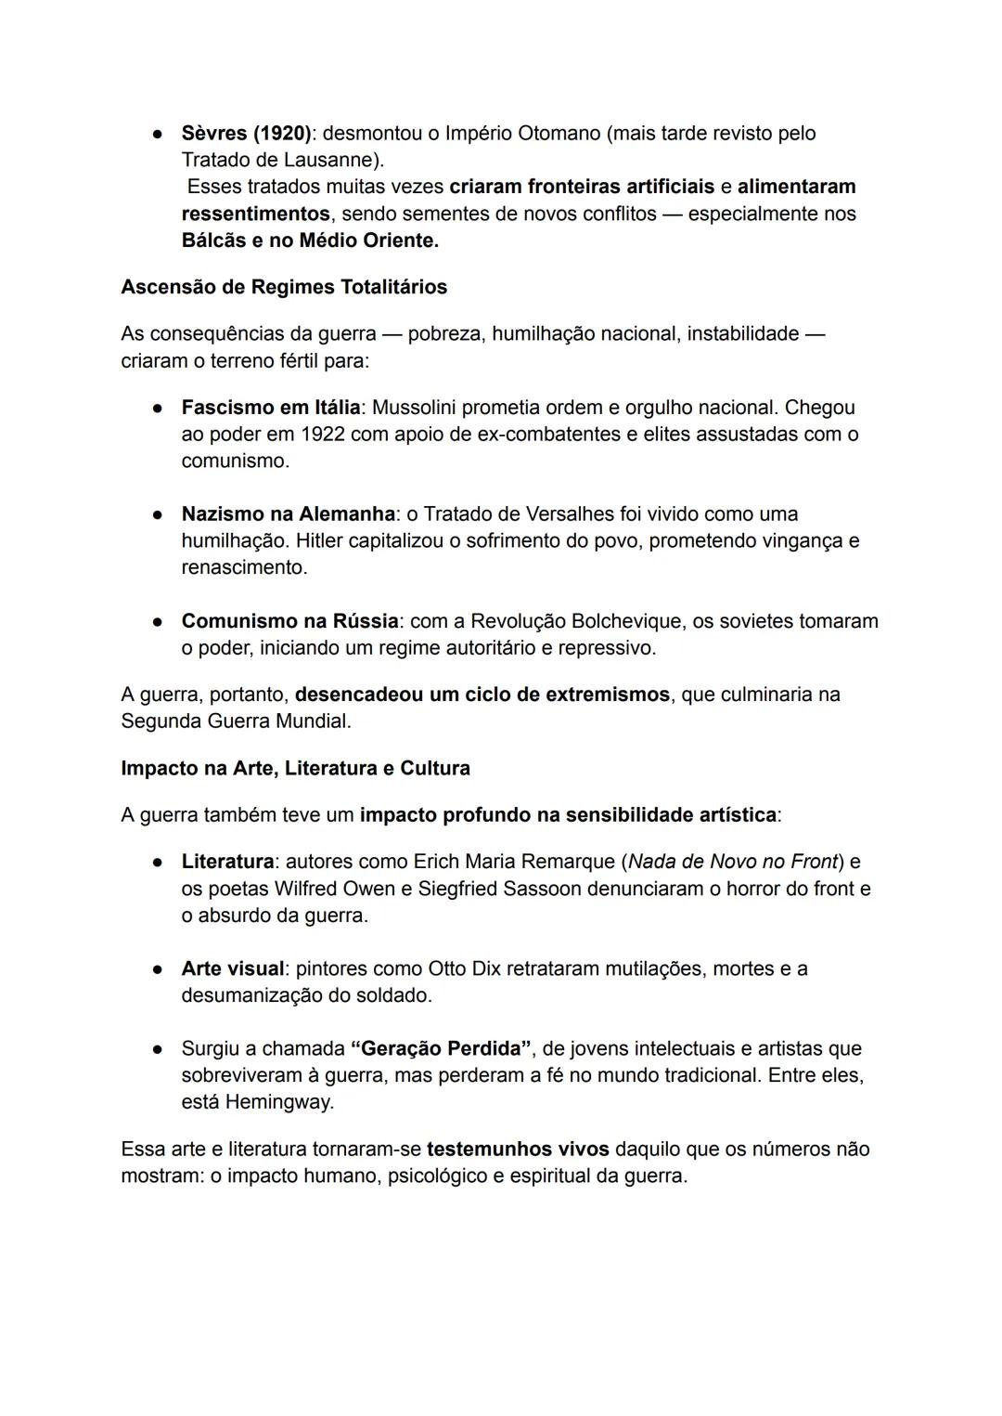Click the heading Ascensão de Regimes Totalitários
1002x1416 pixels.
tap(284, 287)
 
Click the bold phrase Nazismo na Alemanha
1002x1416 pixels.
tap(288, 514)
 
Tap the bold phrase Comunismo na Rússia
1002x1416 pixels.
tap(289, 621)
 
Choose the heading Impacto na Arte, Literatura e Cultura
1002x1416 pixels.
tap(295, 769)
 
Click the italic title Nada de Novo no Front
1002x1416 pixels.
tap(733, 863)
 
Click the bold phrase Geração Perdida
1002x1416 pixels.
tap(442, 1049)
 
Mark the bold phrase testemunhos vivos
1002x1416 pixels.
tap(518, 1150)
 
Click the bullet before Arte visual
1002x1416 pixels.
tap(159, 969)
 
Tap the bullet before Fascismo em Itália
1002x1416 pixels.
tap(159, 408)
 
